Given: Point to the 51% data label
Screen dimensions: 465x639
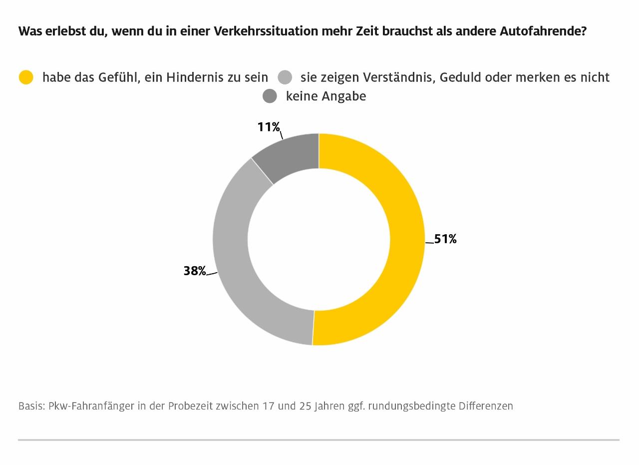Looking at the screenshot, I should (x=445, y=239).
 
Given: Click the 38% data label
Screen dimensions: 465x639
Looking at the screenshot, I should (x=195, y=271).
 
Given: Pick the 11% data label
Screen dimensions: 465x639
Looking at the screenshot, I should (x=269, y=127).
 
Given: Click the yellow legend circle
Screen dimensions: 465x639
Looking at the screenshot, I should (x=26, y=77).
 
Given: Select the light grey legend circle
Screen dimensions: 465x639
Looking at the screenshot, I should (x=285, y=77).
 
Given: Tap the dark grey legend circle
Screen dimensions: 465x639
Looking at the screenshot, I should (x=270, y=96).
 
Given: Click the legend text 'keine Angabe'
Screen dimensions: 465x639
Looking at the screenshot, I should (x=325, y=96).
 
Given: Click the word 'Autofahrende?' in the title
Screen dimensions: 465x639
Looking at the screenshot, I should (x=543, y=31).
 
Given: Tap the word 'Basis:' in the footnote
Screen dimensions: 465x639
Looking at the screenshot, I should (x=31, y=406).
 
